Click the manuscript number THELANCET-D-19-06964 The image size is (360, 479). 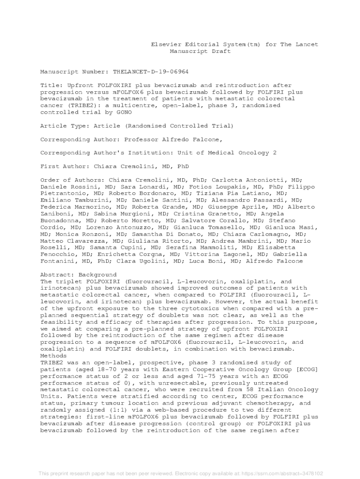pos(151,72)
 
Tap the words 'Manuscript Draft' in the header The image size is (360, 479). pos(200,51)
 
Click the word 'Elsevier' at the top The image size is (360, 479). pos(166,44)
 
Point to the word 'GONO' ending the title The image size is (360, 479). pos(122,112)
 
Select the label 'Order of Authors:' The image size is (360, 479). pos(72,180)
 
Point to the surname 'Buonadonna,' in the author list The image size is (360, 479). pos(61,220)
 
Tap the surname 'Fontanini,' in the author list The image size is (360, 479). pos(59,261)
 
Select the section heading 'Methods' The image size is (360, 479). pos(54,356)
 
